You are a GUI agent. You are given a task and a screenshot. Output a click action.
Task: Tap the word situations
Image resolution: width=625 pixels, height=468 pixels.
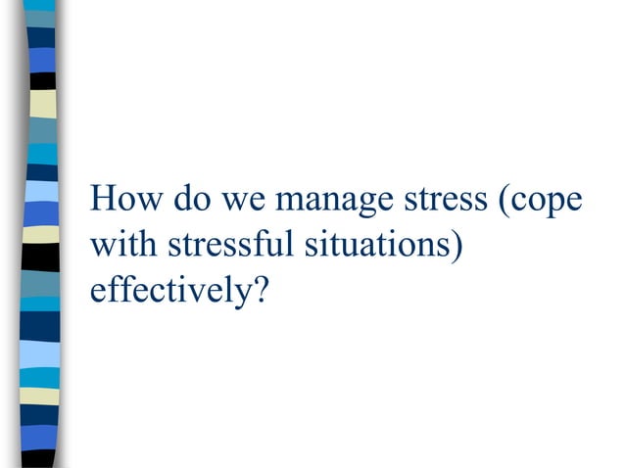(x=376, y=245)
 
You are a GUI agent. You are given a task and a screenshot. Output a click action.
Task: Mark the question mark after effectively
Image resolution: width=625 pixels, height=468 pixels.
(x=259, y=290)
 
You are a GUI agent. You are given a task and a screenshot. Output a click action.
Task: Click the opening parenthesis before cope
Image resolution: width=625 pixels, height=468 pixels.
(x=504, y=202)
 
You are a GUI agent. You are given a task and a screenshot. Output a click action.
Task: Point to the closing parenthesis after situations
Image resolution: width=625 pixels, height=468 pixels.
(x=456, y=246)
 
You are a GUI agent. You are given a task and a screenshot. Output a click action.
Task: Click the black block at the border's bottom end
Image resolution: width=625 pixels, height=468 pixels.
(x=42, y=458)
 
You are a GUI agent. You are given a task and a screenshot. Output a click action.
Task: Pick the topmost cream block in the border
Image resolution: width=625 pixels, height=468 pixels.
(x=42, y=104)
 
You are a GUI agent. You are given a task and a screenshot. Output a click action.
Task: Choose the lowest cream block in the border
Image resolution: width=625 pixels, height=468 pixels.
(x=42, y=396)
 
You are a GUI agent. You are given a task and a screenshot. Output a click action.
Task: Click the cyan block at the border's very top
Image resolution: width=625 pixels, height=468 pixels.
(x=42, y=6)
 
